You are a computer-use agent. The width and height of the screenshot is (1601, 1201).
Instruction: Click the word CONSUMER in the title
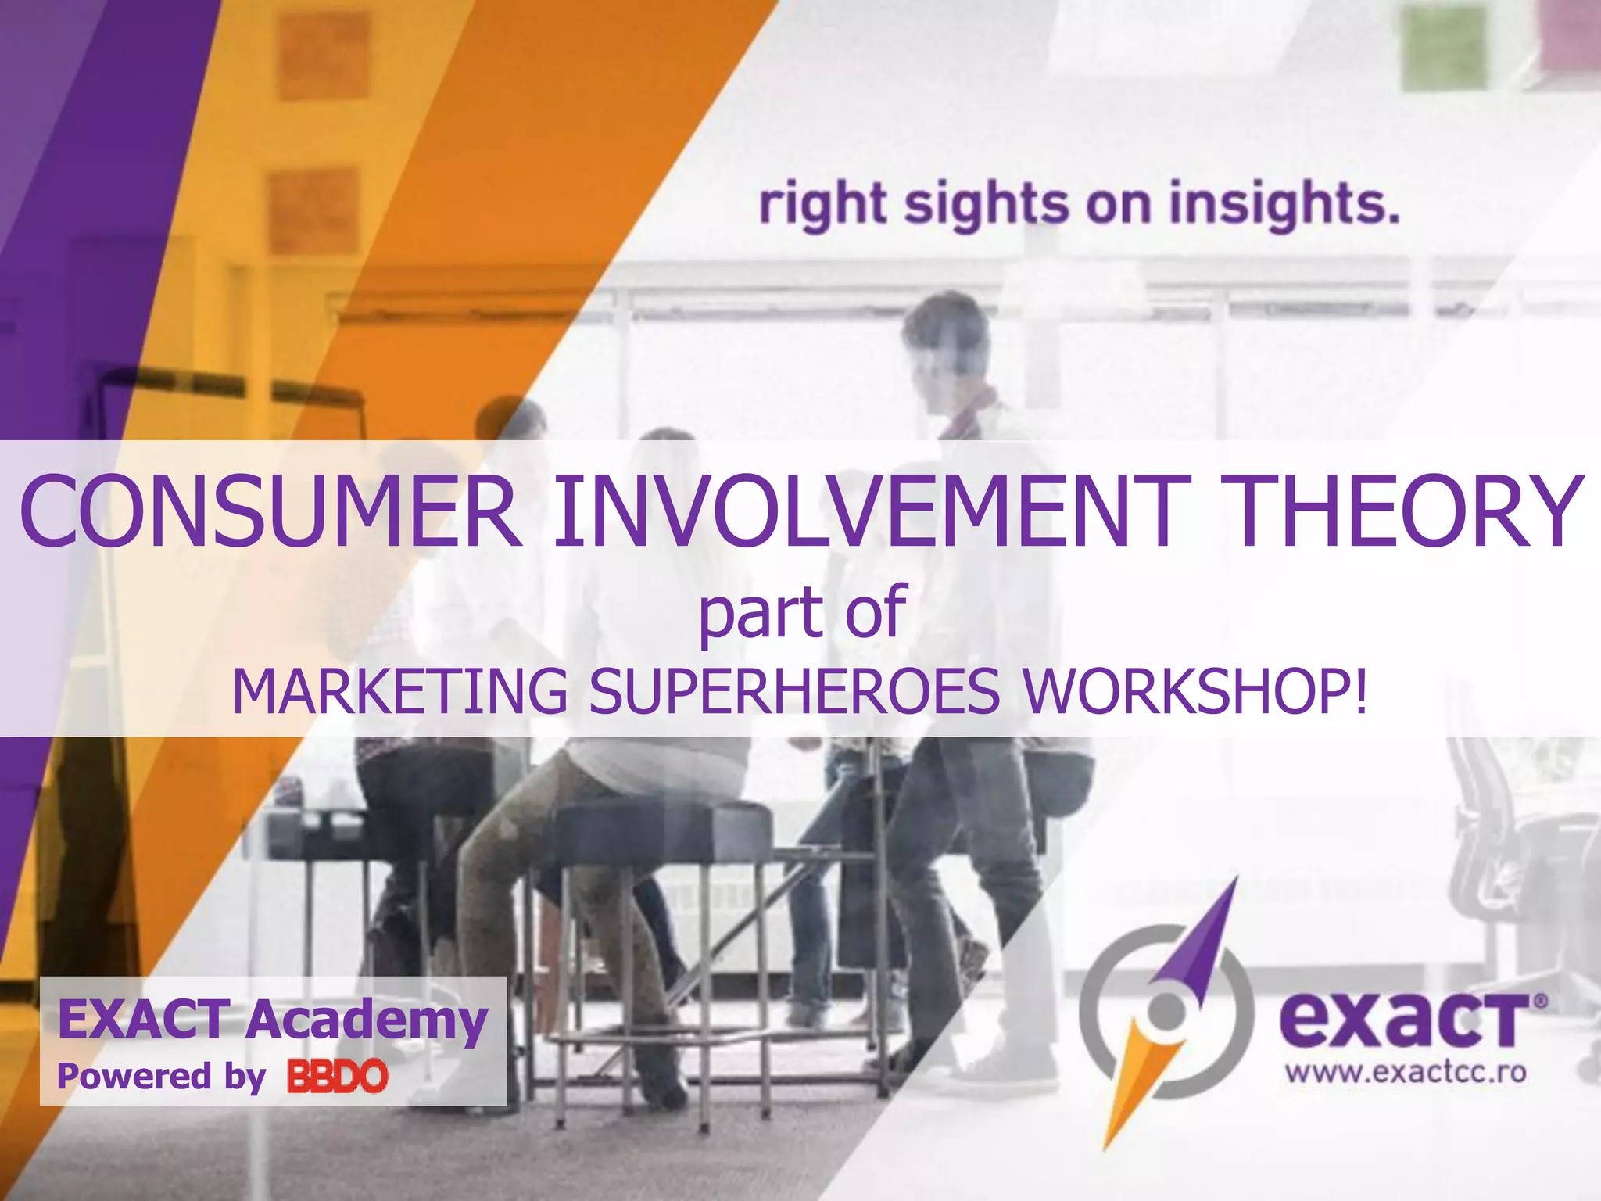270,512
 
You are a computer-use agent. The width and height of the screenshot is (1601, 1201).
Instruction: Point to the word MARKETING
399,692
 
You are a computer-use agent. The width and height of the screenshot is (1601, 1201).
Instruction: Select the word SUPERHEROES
793,692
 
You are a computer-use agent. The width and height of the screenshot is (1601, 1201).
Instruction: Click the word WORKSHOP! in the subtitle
1195,692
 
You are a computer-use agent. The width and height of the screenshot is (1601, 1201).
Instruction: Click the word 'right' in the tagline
822,205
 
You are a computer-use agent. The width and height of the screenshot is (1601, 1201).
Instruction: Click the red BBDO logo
338,1077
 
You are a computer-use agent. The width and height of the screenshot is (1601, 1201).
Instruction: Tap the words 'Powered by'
161,1077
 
